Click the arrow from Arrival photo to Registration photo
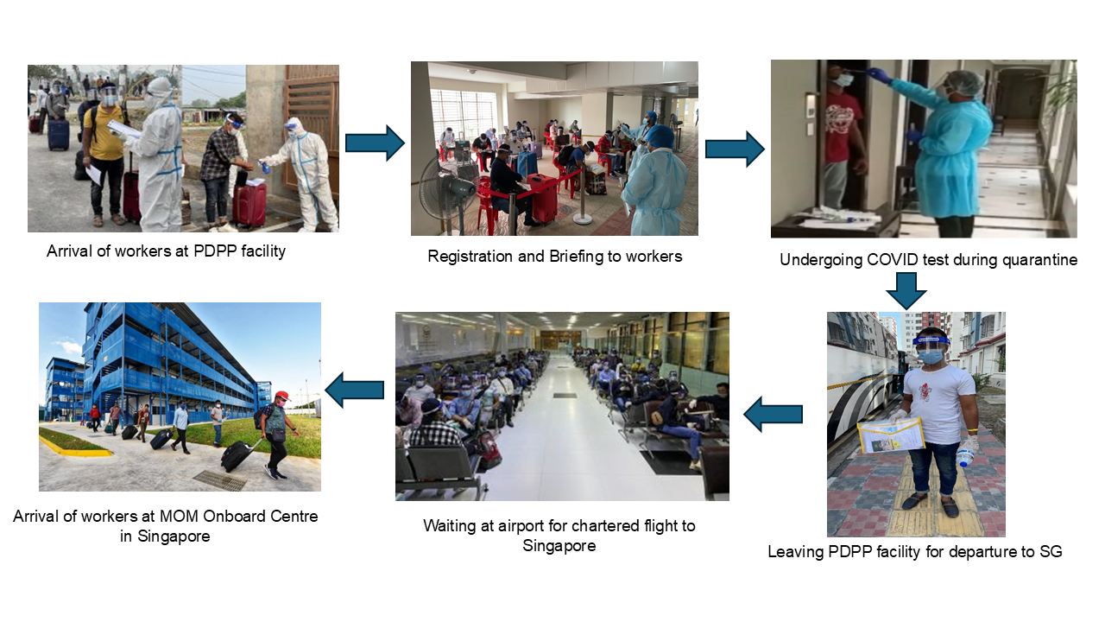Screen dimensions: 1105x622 375,143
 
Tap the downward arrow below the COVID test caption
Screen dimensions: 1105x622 906,291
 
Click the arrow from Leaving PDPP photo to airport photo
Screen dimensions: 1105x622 773,414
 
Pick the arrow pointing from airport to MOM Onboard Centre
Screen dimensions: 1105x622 355,390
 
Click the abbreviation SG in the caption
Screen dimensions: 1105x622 1051,551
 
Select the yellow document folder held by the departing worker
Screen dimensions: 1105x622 890,435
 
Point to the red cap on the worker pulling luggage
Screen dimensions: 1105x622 282,396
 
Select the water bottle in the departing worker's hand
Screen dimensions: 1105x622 963,457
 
